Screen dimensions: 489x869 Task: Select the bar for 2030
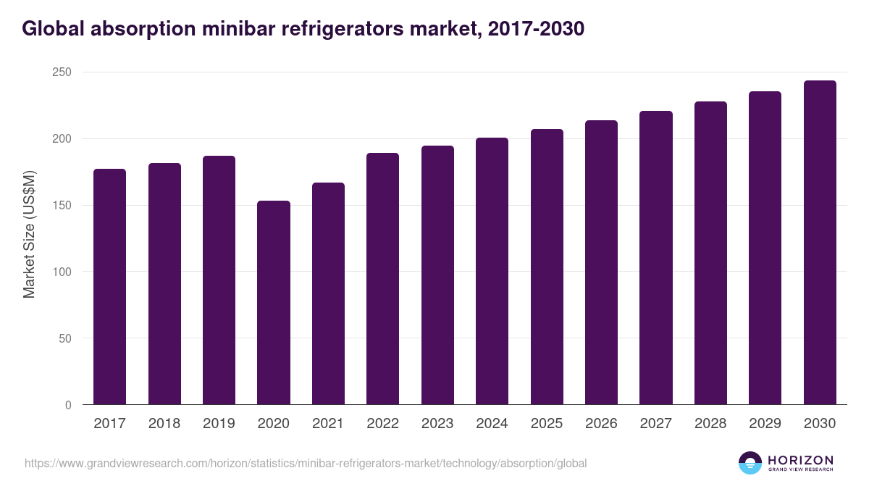(x=820, y=243)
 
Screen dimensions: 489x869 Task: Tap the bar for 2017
(x=109, y=287)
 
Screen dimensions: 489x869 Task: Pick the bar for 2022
(x=382, y=279)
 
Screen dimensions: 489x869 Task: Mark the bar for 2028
(x=710, y=253)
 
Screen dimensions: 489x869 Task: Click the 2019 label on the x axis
(x=219, y=424)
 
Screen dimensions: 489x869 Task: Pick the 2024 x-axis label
(x=492, y=424)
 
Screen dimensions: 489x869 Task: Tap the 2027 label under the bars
(x=656, y=424)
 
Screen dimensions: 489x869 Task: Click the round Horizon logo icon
(x=750, y=463)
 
